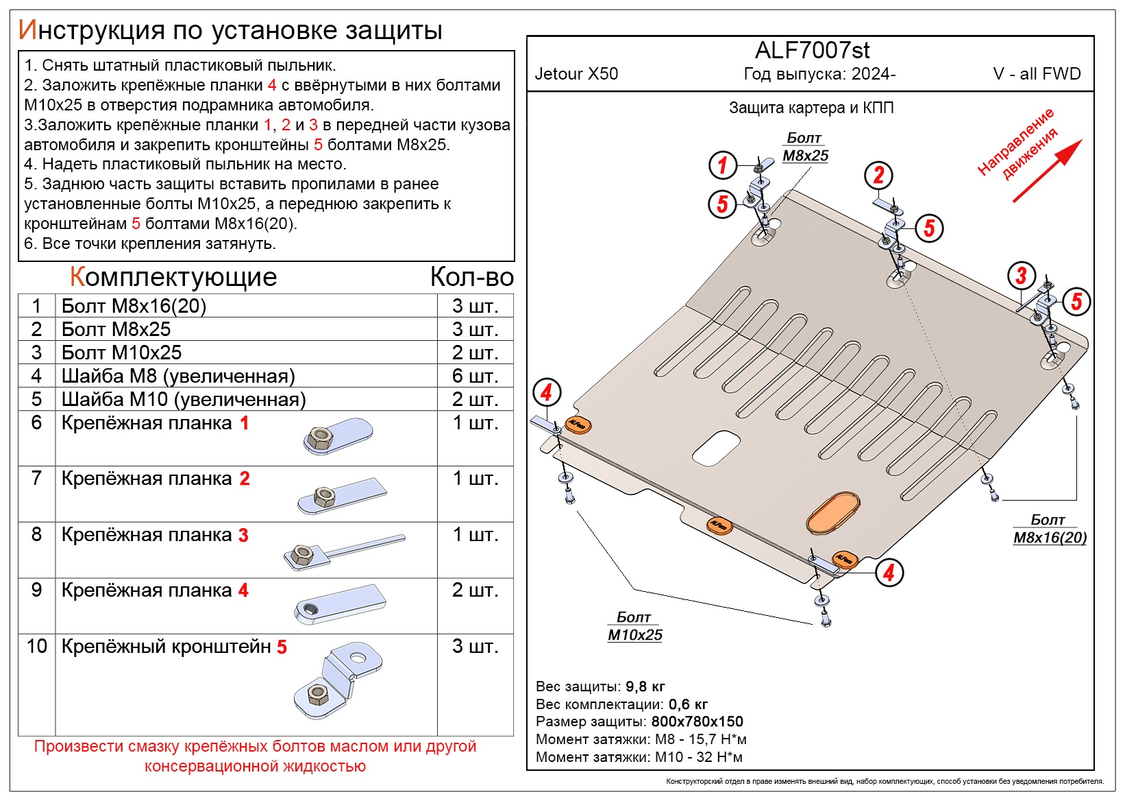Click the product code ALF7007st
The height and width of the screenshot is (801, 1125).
[x=812, y=50]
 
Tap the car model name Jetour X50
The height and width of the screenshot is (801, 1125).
[x=576, y=74]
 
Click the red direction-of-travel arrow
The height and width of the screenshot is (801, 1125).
[x=1047, y=171]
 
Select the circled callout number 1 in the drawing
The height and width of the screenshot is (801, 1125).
[x=722, y=165]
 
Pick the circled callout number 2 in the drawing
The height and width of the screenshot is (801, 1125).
[x=878, y=176]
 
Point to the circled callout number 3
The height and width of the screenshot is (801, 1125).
[x=1021, y=276]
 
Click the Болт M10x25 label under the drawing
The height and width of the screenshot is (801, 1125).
[x=634, y=626]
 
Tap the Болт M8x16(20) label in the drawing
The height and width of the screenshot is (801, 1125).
[x=1050, y=529]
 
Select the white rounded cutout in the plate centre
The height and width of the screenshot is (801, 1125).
[x=716, y=448]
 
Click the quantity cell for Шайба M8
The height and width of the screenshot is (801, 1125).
[x=475, y=376]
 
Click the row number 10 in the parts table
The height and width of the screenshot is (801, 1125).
[x=36, y=646]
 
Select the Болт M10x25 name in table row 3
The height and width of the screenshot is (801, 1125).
[x=121, y=352]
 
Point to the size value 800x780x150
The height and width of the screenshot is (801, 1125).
[x=697, y=721]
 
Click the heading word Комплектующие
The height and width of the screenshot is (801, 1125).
[x=173, y=277]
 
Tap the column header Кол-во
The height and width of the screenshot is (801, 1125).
[x=471, y=277]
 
